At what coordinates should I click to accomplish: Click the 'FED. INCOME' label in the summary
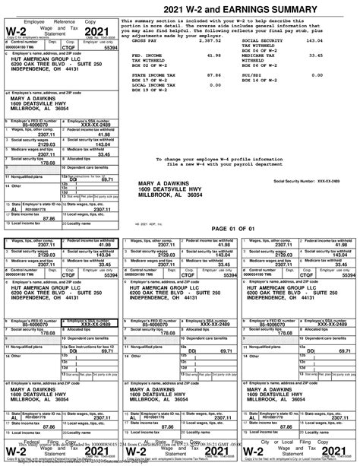149,55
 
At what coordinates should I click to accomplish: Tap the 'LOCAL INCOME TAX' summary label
155,85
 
